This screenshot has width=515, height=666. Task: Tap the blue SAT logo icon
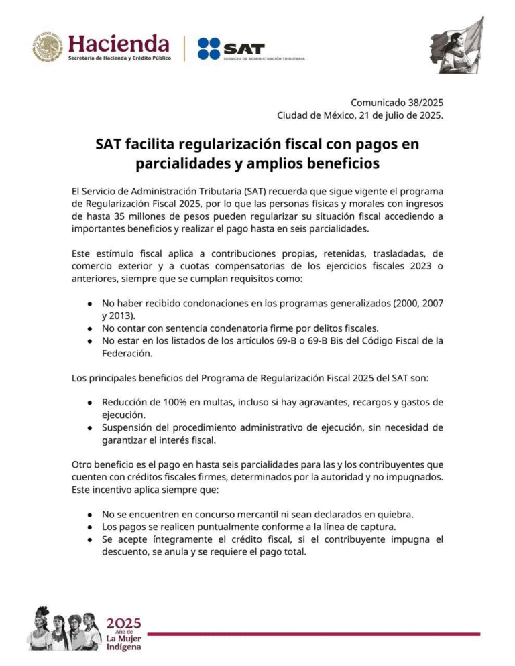209,49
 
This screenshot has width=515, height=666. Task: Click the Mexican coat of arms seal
48,48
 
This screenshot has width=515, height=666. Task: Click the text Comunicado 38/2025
397,102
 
